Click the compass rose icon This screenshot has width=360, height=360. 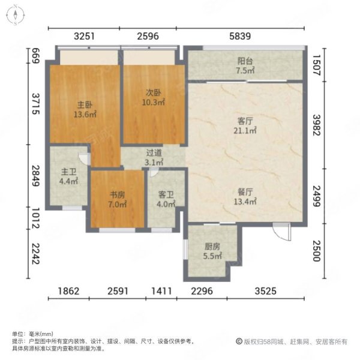pyautogui.click(x=15, y=16)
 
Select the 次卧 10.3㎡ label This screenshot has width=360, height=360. pyautogui.click(x=154, y=97)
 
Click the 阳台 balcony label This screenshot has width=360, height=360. pyautogui.click(x=245, y=61)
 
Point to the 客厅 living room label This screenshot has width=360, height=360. pyautogui.click(x=245, y=121)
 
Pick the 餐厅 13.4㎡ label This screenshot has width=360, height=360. pyautogui.click(x=245, y=197)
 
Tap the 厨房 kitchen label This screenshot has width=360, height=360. pyautogui.click(x=212, y=247)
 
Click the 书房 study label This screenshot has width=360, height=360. pyautogui.click(x=118, y=195)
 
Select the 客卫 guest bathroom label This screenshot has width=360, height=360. pyautogui.click(x=166, y=195)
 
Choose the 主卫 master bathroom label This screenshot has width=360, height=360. pyautogui.click(x=68, y=172)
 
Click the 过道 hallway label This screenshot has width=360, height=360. pyautogui.click(x=154, y=152)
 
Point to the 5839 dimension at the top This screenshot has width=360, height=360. pyautogui.click(x=240, y=36)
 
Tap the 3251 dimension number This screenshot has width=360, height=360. pyautogui.click(x=84, y=36)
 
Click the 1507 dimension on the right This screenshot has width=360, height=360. pyautogui.click(x=317, y=65)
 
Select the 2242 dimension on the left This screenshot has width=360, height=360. pyautogui.click(x=35, y=254)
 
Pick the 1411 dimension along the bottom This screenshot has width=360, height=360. pyautogui.click(x=161, y=291)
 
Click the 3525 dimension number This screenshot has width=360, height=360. pyautogui.click(x=265, y=291)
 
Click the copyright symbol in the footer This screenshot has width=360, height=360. pyautogui.click(x=239, y=341)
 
